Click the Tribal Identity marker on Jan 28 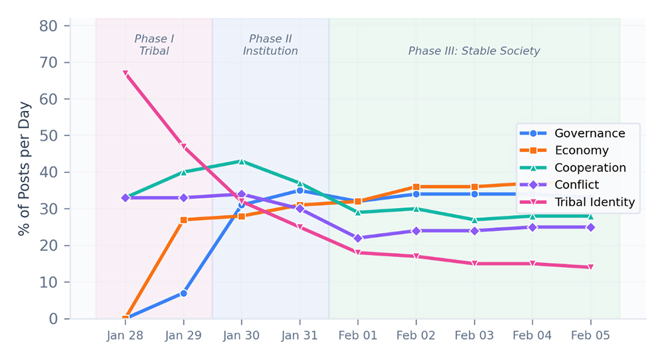point(125,74)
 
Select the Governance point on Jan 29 point(183,293)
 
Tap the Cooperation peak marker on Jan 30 point(242,161)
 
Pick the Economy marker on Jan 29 point(183,220)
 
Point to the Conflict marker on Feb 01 point(358,238)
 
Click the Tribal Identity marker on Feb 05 point(590,267)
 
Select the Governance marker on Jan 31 point(299,191)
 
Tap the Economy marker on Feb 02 point(416,187)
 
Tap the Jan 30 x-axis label point(242,335)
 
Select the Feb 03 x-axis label point(474,335)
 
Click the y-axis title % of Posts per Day point(25,169)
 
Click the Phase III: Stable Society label point(474,51)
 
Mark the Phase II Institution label point(270,45)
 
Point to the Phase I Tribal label point(154,45)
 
